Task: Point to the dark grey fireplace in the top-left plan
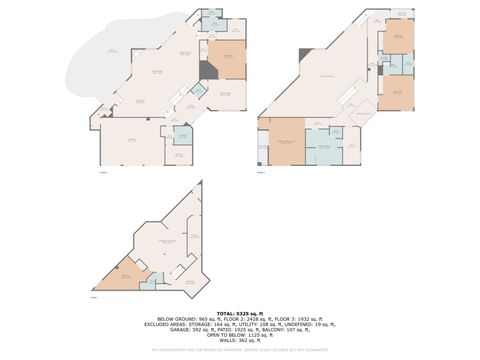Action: (x=206, y=70)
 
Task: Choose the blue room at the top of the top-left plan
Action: (x=211, y=22)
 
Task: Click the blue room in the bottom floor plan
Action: (x=150, y=282)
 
